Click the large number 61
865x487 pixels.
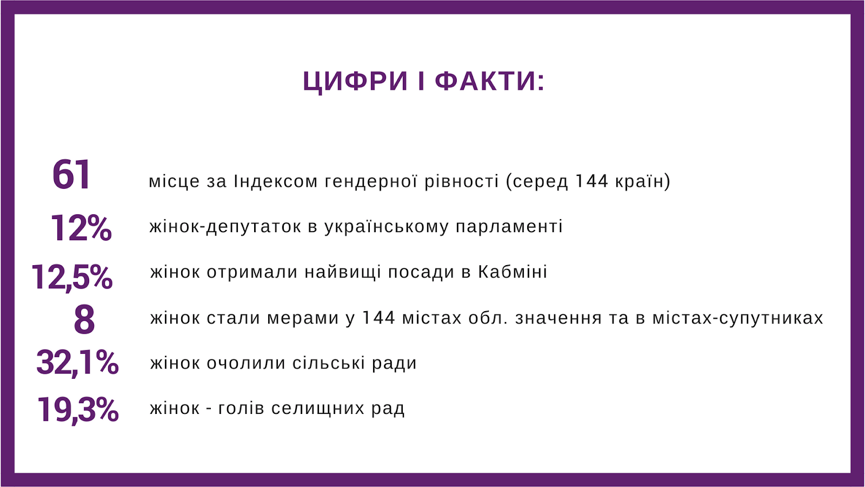click(71, 175)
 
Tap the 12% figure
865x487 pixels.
click(81, 228)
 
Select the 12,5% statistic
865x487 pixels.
click(72, 277)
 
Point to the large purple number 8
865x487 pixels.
click(84, 319)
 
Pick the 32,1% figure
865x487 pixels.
click(77, 363)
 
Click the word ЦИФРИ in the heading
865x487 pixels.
click(355, 82)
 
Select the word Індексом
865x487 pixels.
click(276, 181)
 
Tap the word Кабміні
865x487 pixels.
click(513, 272)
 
